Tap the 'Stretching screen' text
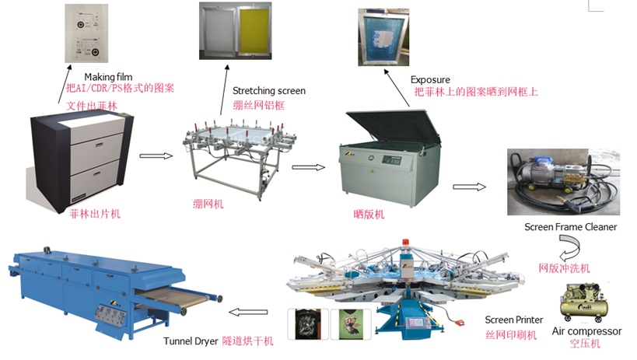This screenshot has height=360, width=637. (269, 91)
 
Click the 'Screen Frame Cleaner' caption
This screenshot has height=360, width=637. (571, 227)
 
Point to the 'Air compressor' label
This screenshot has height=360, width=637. (586, 331)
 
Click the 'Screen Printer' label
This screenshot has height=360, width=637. (514, 320)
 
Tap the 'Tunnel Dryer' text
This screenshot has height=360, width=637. (192, 341)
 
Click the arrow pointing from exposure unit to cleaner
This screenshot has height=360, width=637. (469, 187)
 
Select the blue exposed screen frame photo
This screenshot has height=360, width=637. (383, 37)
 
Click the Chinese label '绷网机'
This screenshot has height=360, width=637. (208, 204)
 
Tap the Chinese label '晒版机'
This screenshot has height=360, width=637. (367, 211)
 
